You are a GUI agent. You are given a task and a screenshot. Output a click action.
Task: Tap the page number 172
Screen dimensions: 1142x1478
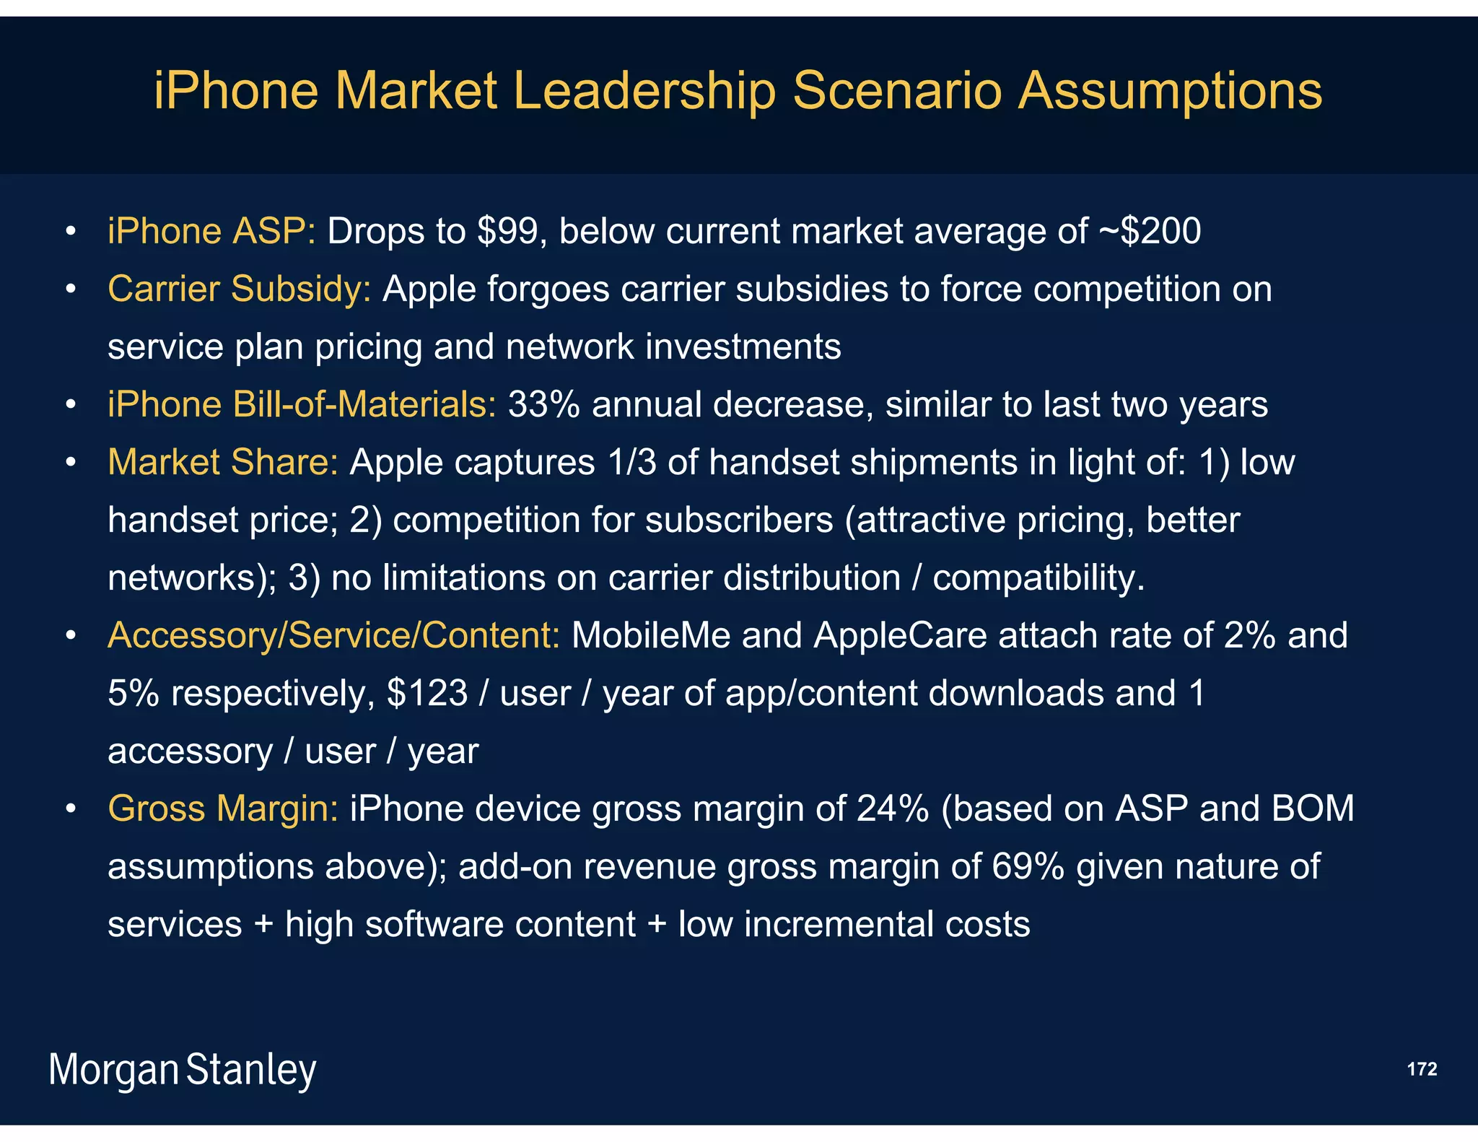pyautogui.click(x=1422, y=1069)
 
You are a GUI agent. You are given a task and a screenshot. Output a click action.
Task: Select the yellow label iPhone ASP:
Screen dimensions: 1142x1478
pyautogui.click(x=211, y=232)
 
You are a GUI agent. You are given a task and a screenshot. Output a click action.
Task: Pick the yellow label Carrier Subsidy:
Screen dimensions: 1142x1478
pyautogui.click(x=239, y=289)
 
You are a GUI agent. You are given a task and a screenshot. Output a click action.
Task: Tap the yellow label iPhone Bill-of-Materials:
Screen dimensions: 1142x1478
pyautogui.click(x=302, y=405)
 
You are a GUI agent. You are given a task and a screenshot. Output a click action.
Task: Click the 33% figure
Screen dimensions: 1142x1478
pyautogui.click(x=543, y=405)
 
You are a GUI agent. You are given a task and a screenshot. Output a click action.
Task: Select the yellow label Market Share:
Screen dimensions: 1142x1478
pyautogui.click(x=222, y=463)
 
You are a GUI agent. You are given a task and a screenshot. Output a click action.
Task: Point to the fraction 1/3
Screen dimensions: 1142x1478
pyautogui.click(x=631, y=463)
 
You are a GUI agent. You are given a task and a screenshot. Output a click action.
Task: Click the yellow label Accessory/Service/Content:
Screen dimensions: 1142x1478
pyautogui.click(x=333, y=636)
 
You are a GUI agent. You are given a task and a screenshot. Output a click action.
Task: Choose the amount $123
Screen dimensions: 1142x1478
pyautogui.click(x=427, y=694)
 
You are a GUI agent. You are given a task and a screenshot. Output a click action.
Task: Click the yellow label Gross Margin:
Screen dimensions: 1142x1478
pyautogui.click(x=222, y=809)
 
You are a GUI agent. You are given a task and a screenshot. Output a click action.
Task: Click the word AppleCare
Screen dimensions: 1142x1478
pyautogui.click(x=900, y=636)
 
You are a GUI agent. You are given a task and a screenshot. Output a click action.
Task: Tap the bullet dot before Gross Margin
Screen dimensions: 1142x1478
pyautogui.click(x=70, y=809)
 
